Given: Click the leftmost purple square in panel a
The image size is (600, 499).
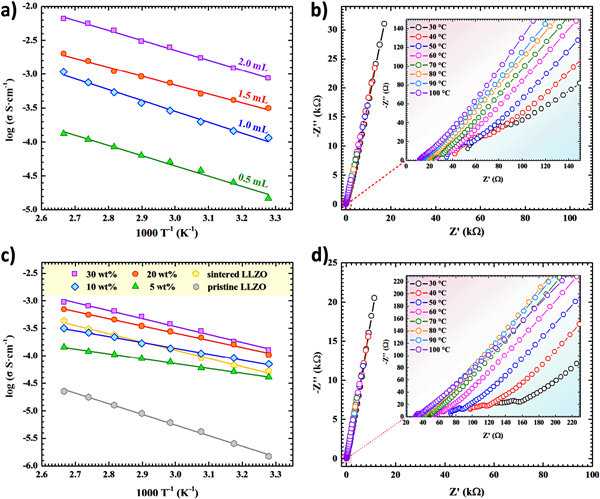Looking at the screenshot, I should point(64,19).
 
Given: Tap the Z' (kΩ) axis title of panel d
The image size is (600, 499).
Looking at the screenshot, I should point(464,490).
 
